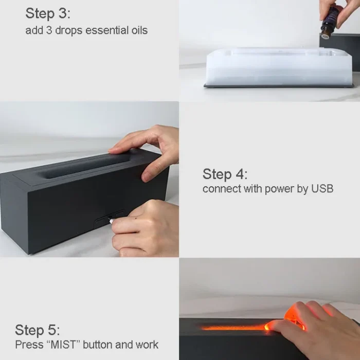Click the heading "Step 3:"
[x=48, y=13]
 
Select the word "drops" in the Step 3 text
[x=68, y=31]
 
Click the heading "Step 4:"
[x=225, y=174]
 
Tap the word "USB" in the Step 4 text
[x=322, y=189]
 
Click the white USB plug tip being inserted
[x=112, y=221]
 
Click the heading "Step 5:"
[x=38, y=330]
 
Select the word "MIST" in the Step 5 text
[x=63, y=345]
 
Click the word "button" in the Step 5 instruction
[x=98, y=345]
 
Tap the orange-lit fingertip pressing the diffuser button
[x=268, y=326]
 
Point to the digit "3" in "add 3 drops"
[x=49, y=30]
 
